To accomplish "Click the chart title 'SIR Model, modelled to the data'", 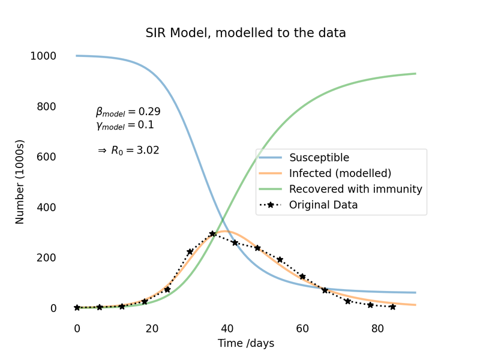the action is pyautogui.click(x=245, y=33).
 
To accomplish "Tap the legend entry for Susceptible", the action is pyautogui.click(x=319, y=157).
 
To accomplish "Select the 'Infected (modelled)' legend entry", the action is pyautogui.click(x=340, y=173).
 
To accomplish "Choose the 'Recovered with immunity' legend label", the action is pyautogui.click(x=356, y=189).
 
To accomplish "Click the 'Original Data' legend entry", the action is pyautogui.click(x=323, y=205).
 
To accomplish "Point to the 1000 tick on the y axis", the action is pyautogui.click(x=43, y=56).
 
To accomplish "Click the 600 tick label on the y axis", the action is pyautogui.click(x=46, y=157).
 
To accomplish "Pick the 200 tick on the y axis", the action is pyautogui.click(x=46, y=257).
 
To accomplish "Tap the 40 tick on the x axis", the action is pyautogui.click(x=227, y=328).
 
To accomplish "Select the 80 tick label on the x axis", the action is pyautogui.click(x=377, y=328).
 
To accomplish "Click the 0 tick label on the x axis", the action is pyautogui.click(x=77, y=328).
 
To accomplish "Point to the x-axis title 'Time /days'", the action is pyautogui.click(x=246, y=343).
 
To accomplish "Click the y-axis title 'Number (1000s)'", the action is pyautogui.click(x=20, y=182).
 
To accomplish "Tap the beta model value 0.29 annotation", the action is pyautogui.click(x=128, y=112).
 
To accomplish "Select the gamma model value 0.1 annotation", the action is pyautogui.click(x=125, y=125).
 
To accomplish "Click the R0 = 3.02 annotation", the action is pyautogui.click(x=128, y=151).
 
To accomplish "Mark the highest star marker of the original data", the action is pyautogui.click(x=212, y=234).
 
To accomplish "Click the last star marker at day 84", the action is pyautogui.click(x=393, y=307).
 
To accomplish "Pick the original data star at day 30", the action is pyautogui.click(x=190, y=252).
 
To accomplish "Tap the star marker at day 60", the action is pyautogui.click(x=302, y=277).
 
